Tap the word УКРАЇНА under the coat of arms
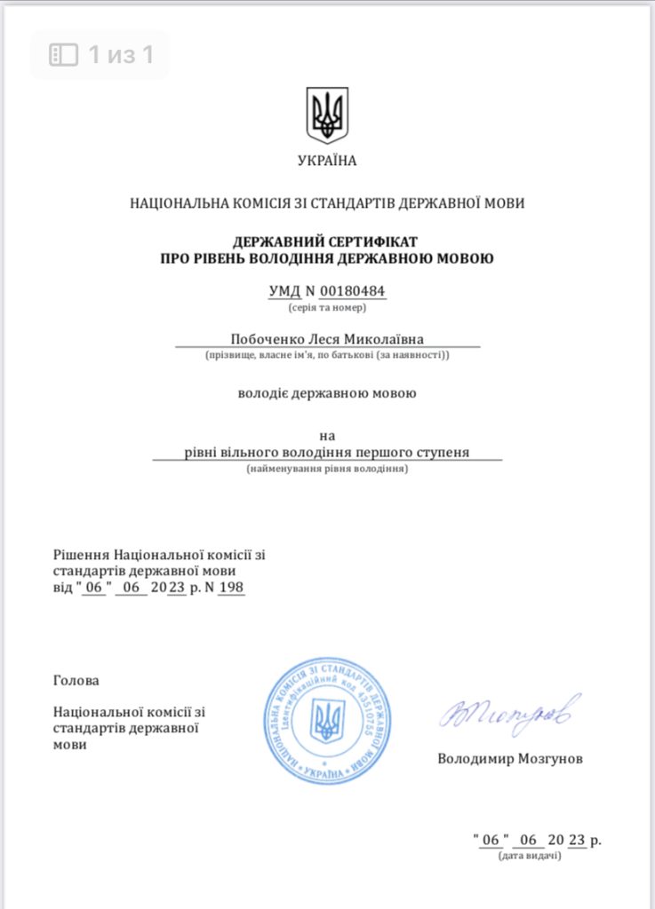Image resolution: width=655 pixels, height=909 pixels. point(327,161)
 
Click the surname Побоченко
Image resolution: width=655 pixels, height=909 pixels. point(267,338)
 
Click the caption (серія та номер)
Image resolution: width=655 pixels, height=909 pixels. point(327,308)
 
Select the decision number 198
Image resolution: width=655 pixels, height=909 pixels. point(231,588)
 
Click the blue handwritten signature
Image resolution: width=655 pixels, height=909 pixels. point(509,713)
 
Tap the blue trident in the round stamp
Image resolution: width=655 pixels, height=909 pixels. point(327,720)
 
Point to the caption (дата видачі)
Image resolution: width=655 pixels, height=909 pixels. point(530,856)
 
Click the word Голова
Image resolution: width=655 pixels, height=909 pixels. point(76,681)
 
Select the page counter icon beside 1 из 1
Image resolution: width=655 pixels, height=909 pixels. point(63,55)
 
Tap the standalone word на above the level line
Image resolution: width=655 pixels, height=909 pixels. point(327,436)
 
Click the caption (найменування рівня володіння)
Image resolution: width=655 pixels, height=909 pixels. point(327,468)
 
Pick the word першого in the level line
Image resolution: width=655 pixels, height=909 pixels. point(393,452)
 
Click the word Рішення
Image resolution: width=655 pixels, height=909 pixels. point(81,555)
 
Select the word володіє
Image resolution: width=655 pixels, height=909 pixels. point(265,392)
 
